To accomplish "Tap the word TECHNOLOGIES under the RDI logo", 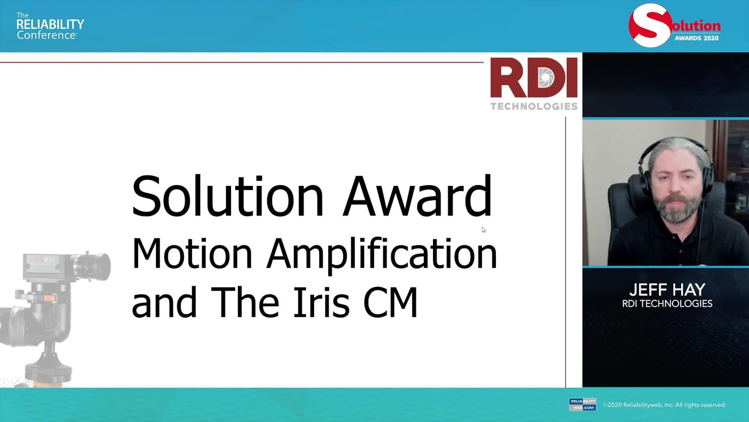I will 534,106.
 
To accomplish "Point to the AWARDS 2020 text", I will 696,38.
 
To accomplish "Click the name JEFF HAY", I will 667,290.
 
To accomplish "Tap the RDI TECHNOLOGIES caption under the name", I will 667,304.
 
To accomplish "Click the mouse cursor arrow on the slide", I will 483,230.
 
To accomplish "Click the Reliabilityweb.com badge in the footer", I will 582,404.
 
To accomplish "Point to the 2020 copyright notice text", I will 664,405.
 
